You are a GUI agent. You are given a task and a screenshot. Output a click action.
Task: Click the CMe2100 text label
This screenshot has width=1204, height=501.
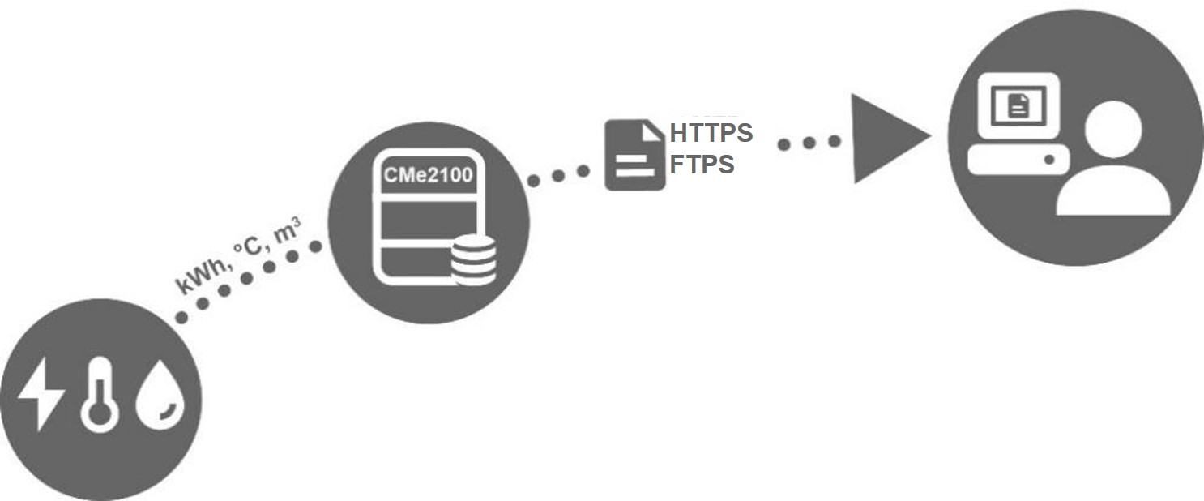[429, 175]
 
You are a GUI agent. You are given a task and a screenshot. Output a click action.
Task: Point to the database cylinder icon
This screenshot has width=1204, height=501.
[473, 259]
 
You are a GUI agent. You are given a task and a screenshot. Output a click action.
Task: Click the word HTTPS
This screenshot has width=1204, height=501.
[711, 133]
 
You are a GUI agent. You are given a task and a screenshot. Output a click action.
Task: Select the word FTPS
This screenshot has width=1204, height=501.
[702, 164]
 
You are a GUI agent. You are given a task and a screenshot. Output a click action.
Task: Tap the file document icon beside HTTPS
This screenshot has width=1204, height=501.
[635, 155]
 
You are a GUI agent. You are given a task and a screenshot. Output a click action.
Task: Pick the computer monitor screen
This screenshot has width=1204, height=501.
[1018, 105]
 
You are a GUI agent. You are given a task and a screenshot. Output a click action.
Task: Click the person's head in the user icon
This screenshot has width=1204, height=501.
[1113, 129]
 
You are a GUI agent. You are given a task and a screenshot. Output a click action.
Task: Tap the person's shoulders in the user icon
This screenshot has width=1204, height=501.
[1113, 191]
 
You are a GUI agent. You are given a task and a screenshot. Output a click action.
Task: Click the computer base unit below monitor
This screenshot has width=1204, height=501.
[1018, 160]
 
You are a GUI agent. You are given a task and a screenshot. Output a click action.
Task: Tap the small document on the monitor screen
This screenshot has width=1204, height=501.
[1018, 105]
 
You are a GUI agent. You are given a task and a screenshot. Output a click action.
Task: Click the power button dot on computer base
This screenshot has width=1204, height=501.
[1049, 160]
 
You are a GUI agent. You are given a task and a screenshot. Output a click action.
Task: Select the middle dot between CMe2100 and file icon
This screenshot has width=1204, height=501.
[558, 176]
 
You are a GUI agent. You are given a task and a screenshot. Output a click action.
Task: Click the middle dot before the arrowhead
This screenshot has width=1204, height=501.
[809, 143]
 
